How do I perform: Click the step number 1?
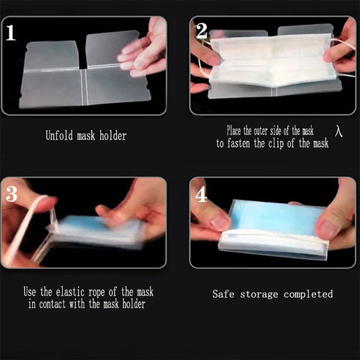point(10,32)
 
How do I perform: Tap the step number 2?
point(202,31)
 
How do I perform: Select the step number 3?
point(11,194)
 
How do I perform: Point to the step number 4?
point(201,194)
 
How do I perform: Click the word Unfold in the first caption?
point(59,135)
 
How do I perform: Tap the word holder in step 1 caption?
point(113,135)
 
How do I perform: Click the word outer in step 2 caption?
point(260,131)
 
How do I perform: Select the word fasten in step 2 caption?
point(239,143)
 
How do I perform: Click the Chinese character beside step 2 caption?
point(338,131)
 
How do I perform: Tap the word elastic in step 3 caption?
point(70,292)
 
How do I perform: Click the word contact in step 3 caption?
point(52,304)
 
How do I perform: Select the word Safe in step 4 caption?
point(223,294)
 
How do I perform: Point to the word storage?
point(259,295)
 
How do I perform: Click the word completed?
point(308,295)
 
